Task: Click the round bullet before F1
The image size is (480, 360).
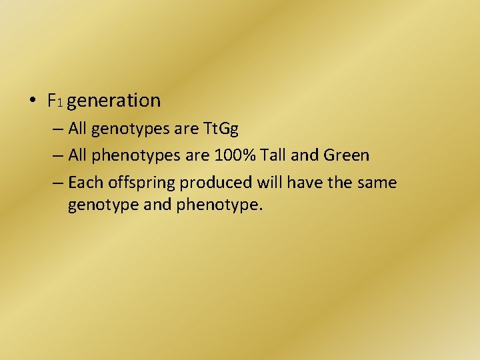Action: click(33, 101)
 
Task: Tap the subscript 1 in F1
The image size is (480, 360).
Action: click(59, 103)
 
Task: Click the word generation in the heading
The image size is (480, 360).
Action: click(114, 101)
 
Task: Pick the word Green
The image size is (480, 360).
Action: click(345, 155)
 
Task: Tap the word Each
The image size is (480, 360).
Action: click(83, 182)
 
